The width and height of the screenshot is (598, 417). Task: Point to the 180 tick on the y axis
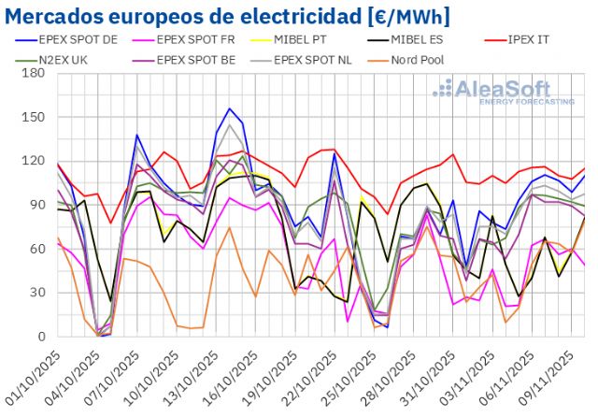36,73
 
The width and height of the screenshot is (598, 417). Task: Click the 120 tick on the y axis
36,161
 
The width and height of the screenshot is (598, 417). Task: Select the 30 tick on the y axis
40,293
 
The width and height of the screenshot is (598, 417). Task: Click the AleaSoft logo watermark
504,92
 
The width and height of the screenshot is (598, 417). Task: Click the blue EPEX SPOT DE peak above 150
229,108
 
